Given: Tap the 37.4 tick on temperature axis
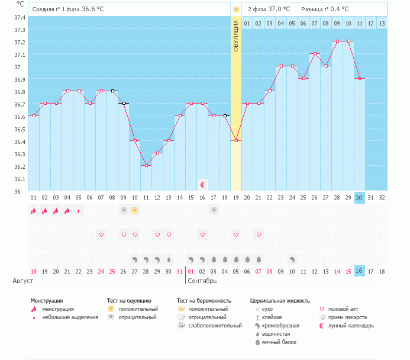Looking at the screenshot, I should pos(19,17).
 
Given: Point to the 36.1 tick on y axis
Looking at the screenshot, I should pos(19,179).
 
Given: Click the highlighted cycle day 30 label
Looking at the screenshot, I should pos(359,197).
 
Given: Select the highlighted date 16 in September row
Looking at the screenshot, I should pos(359,271).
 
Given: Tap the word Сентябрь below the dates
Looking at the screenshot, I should pos(202,281).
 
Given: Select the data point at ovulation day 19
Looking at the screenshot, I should pos(236,140).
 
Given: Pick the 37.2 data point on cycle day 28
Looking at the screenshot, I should pos(337,41).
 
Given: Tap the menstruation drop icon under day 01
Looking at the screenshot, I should pos(33,210).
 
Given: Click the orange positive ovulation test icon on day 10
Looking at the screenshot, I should pos(135,210).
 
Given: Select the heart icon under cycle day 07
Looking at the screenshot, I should pos(101,235).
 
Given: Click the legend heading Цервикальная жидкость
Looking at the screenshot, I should pos(280,301).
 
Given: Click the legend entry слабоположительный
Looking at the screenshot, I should pos(214,326).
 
